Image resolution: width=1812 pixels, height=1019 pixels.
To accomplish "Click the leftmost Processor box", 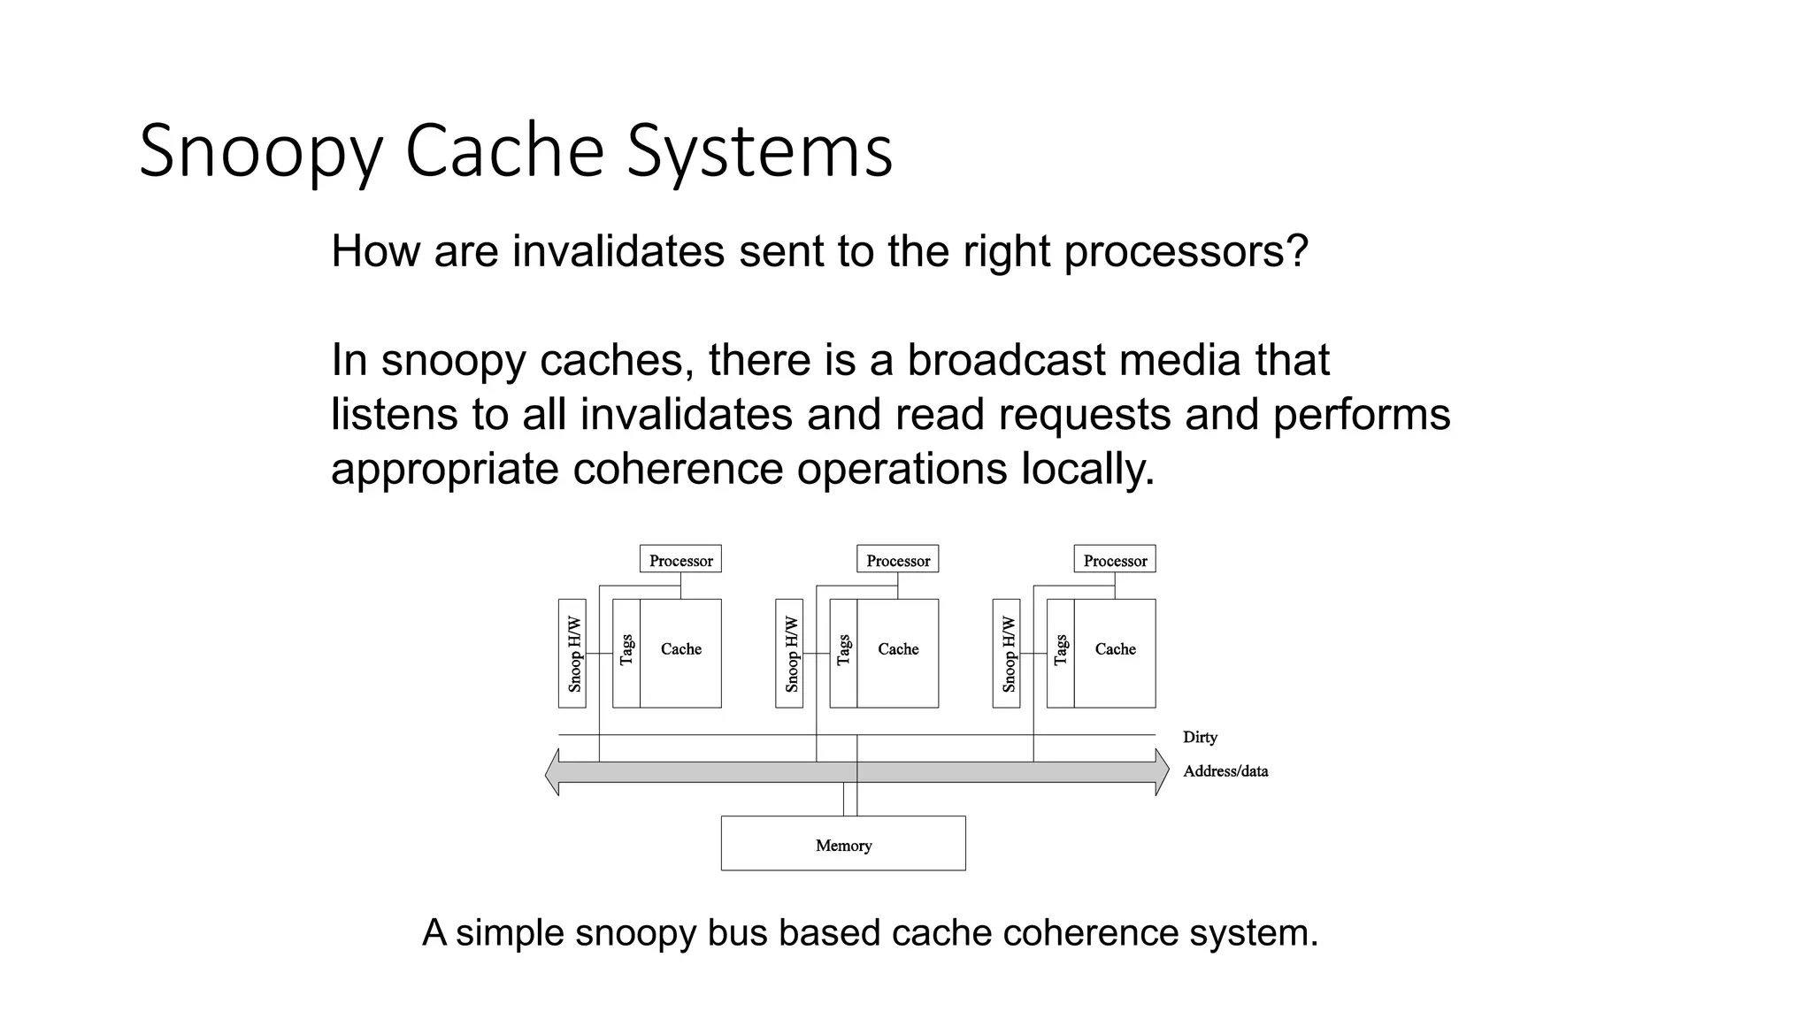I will (x=680, y=560).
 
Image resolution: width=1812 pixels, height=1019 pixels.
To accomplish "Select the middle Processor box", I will (x=897, y=560).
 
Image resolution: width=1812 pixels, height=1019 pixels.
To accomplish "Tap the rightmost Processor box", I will (x=1115, y=560).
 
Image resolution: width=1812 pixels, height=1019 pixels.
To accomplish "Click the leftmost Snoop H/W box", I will (x=572, y=654).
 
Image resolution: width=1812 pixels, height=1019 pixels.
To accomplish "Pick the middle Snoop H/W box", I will (x=789, y=654).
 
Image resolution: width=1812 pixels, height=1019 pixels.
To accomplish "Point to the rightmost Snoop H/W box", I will (x=1007, y=654).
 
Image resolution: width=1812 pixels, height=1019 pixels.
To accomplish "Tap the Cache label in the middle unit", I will (x=898, y=649).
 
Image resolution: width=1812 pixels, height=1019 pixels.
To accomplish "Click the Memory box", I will (x=843, y=844).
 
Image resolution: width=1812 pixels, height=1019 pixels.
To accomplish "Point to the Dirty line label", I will (x=1200, y=737).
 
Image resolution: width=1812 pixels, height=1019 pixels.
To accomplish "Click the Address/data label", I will (x=1225, y=771).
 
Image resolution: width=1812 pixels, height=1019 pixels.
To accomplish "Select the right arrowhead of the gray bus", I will (x=1162, y=772).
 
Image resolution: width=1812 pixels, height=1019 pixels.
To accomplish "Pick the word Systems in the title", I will (x=759, y=152).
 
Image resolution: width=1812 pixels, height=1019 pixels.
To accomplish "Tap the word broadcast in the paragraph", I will (x=1005, y=360).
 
